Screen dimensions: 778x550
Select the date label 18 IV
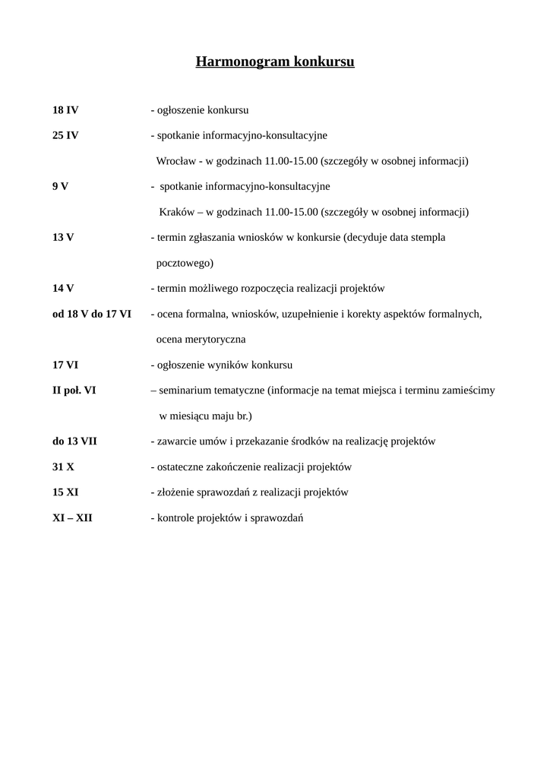coord(65,110)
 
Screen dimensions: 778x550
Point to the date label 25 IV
coord(65,135)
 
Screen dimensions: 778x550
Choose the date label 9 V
coord(61,186)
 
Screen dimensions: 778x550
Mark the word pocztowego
coord(185,263)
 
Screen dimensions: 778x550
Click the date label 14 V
coord(63,289)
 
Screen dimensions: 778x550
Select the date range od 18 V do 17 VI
coord(92,314)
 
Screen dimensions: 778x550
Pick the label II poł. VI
coord(74,391)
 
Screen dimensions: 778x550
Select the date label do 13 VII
coord(74,441)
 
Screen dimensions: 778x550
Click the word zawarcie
coord(174,441)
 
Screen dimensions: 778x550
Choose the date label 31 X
coord(64,467)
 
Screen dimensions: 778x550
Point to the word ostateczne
coord(181,467)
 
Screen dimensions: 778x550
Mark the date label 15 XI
coord(65,492)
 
